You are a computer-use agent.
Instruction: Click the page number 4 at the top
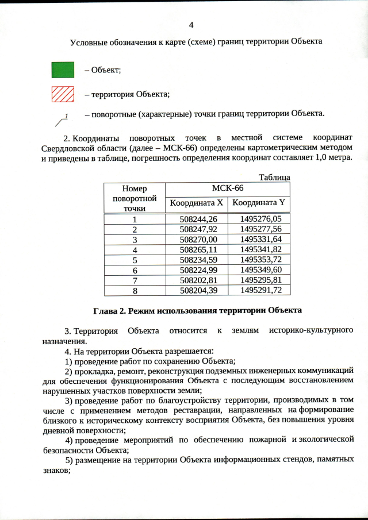click(x=191, y=24)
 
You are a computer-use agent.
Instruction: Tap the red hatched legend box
click(x=63, y=93)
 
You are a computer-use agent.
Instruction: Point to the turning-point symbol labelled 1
click(x=62, y=119)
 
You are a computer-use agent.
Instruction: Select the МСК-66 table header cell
click(x=227, y=188)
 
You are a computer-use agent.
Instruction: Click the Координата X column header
click(x=196, y=203)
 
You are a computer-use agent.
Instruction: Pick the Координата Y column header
click(x=259, y=203)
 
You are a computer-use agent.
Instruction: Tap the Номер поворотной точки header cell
click(x=135, y=198)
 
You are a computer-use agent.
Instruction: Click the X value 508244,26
click(x=196, y=219)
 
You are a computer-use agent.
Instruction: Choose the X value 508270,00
click(x=196, y=239)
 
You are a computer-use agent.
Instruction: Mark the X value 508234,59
click(x=196, y=260)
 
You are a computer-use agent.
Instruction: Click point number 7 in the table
click(x=135, y=280)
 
